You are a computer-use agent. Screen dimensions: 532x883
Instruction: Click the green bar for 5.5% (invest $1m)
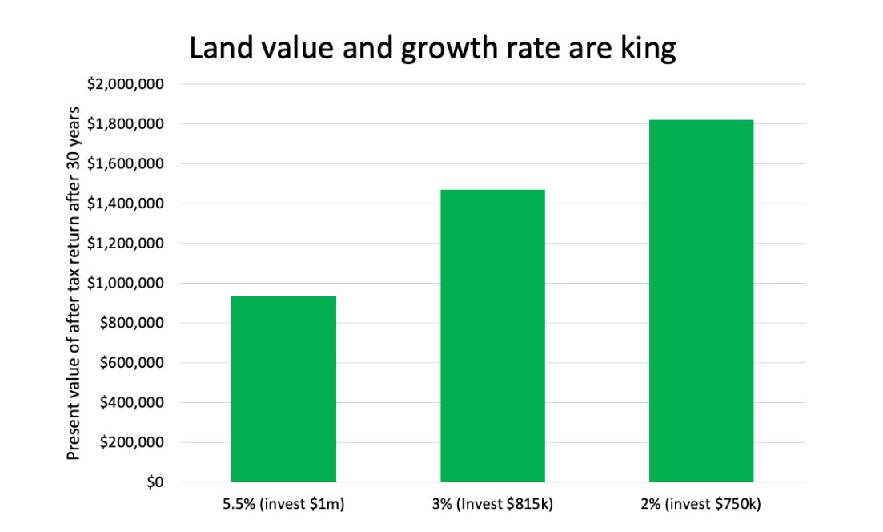tap(283, 389)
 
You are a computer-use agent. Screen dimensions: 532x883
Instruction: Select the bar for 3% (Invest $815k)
tap(492, 336)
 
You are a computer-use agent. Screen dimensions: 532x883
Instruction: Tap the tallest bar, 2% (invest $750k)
tap(701, 300)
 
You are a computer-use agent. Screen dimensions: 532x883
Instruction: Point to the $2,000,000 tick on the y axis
tap(131, 84)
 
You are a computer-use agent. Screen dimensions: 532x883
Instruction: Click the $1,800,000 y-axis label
tap(131, 124)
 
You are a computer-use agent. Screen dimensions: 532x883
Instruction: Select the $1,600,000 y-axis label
tap(131, 163)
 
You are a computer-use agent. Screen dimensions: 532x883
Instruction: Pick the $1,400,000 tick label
tap(131, 204)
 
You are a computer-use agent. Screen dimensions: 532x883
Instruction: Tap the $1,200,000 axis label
tap(131, 244)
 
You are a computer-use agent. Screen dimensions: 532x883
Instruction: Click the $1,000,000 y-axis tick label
tap(131, 283)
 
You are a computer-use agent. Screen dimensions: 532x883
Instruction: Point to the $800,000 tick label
tap(136, 323)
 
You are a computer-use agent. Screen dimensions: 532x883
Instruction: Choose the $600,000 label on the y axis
tap(136, 363)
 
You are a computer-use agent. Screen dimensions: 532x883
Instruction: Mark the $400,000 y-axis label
tap(136, 402)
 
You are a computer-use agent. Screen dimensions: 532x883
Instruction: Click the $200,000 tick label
tap(136, 442)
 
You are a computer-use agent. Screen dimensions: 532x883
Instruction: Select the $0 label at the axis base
tap(155, 482)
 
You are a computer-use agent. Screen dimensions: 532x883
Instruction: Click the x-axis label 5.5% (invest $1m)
tap(283, 505)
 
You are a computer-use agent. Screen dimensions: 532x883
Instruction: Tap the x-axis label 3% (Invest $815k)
tap(492, 505)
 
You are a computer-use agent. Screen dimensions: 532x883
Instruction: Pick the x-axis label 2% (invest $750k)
tap(701, 505)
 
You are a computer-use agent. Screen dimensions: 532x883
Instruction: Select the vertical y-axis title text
tap(74, 283)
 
